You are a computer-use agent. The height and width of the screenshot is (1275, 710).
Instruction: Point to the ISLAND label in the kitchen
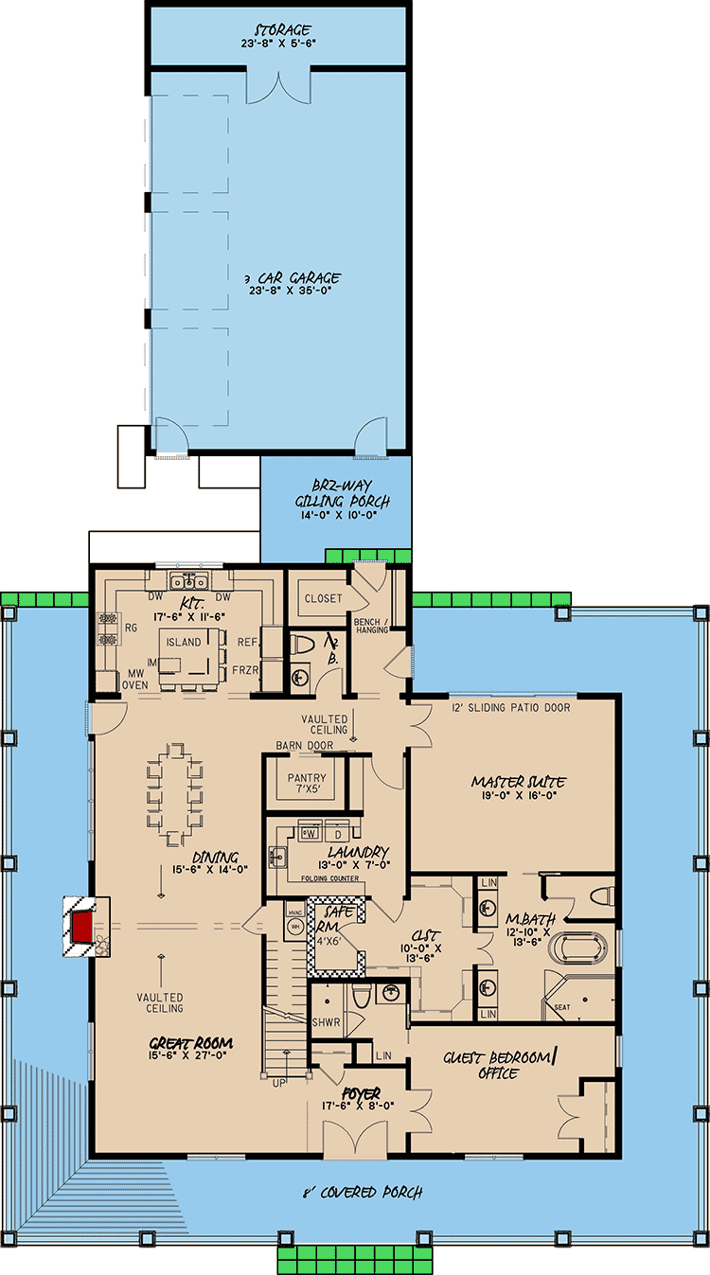point(183,642)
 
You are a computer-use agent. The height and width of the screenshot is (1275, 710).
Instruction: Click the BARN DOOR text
point(300,746)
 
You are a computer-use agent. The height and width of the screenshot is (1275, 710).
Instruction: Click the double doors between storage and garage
point(277,85)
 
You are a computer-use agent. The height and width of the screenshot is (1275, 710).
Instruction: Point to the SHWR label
point(325,1022)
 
